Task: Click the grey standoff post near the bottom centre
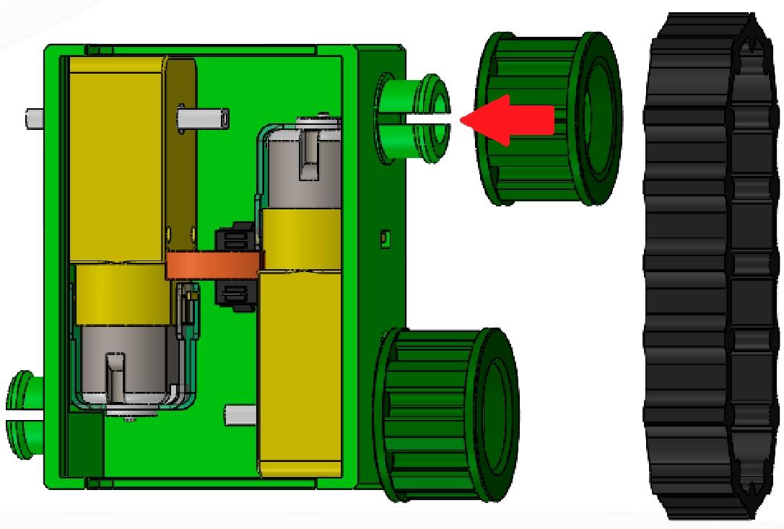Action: click(x=242, y=415)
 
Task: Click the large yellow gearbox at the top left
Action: click(x=119, y=159)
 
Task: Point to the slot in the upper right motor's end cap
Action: click(x=312, y=149)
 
